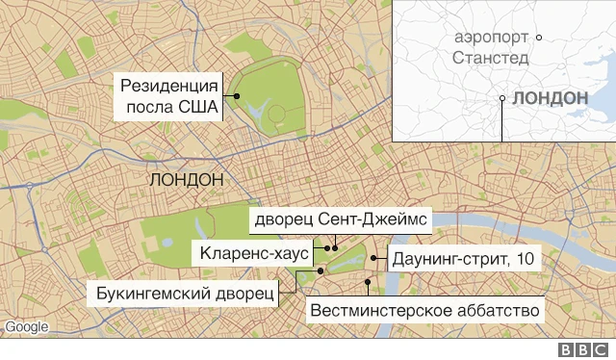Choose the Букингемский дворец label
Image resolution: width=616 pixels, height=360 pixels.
click(x=184, y=293)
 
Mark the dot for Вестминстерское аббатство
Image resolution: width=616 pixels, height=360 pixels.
click(x=369, y=282)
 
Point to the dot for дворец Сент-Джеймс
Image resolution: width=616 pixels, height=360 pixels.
click(x=336, y=247)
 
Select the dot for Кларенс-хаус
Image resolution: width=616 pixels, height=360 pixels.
click(x=327, y=247)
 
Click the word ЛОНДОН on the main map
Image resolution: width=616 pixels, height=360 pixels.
click(x=188, y=180)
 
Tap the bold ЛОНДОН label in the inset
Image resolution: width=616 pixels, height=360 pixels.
click(x=550, y=98)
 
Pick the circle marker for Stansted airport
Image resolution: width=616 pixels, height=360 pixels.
click(x=539, y=37)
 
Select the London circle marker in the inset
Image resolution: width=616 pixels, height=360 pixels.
click(x=501, y=97)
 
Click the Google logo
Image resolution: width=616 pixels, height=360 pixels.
click(x=26, y=327)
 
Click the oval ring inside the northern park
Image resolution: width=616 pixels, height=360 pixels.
click(x=277, y=114)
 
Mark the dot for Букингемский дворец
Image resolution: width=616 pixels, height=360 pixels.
click(x=298, y=272)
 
